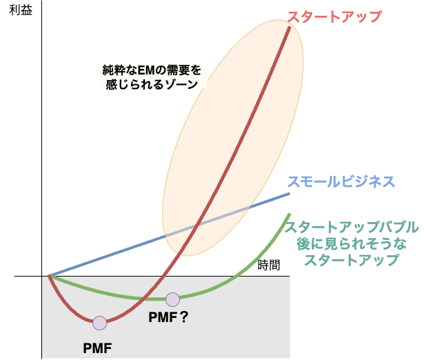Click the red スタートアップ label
[x=334, y=17]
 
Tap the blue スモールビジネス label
[x=341, y=182]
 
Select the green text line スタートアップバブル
[x=352, y=227]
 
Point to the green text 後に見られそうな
[x=352, y=243]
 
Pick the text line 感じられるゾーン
[x=152, y=83]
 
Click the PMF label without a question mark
[x=97, y=348]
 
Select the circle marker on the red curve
[x=100, y=323]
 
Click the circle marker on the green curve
[x=172, y=299]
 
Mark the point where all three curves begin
[x=50, y=276]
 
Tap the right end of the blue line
[x=290, y=194]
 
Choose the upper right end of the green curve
[x=288, y=215]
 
